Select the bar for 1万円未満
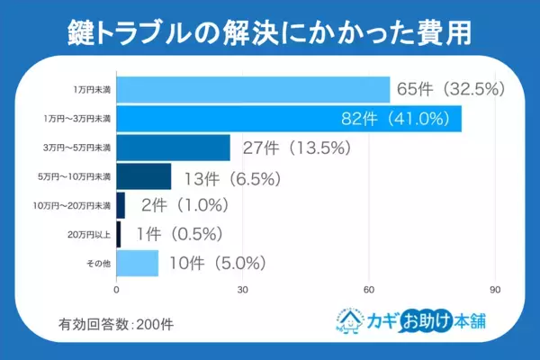pyautogui.click(x=253, y=90)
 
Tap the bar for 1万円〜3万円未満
pyautogui.click(x=289, y=119)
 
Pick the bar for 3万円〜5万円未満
pyautogui.click(x=174, y=148)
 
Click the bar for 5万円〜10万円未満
pyautogui.click(x=144, y=176)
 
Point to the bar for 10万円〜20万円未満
pyautogui.click(x=121, y=205)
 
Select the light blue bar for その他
pyautogui.click(x=138, y=263)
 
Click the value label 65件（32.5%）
pyautogui.click(x=454, y=90)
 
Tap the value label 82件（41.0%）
pyautogui.click(x=401, y=119)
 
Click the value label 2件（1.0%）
pyautogui.click(x=184, y=205)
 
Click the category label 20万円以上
pyautogui.click(x=93, y=234)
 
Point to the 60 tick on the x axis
pyautogui.click(x=369, y=291)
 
